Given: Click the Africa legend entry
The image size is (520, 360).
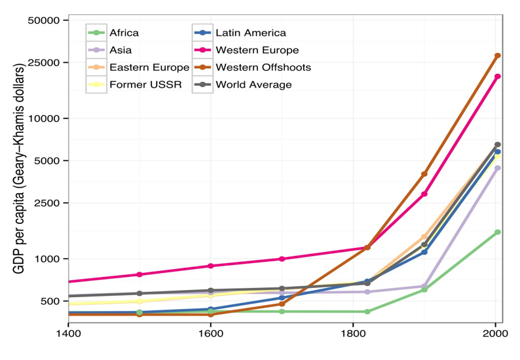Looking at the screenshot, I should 124,33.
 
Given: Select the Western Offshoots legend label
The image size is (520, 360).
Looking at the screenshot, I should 263,67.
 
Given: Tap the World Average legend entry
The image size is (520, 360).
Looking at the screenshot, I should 253,84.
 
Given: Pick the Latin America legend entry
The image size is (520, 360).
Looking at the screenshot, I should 250,33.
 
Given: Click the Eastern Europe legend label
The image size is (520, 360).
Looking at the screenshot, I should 149,67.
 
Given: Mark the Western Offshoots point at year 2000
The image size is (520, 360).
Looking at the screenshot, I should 498,56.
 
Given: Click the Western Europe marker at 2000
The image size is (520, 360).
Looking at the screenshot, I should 498,77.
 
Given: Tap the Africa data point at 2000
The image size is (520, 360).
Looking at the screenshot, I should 498,232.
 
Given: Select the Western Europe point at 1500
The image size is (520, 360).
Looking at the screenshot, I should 139,274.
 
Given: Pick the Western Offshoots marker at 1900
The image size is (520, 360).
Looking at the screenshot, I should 424,174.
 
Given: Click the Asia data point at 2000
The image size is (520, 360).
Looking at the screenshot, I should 498,168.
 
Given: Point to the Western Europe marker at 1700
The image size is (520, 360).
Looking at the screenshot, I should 282,259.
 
